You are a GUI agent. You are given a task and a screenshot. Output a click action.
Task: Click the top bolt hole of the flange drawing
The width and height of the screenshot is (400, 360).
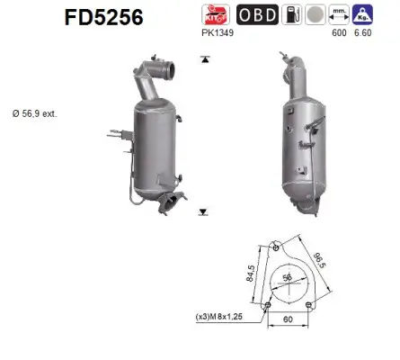(x=275, y=244)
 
